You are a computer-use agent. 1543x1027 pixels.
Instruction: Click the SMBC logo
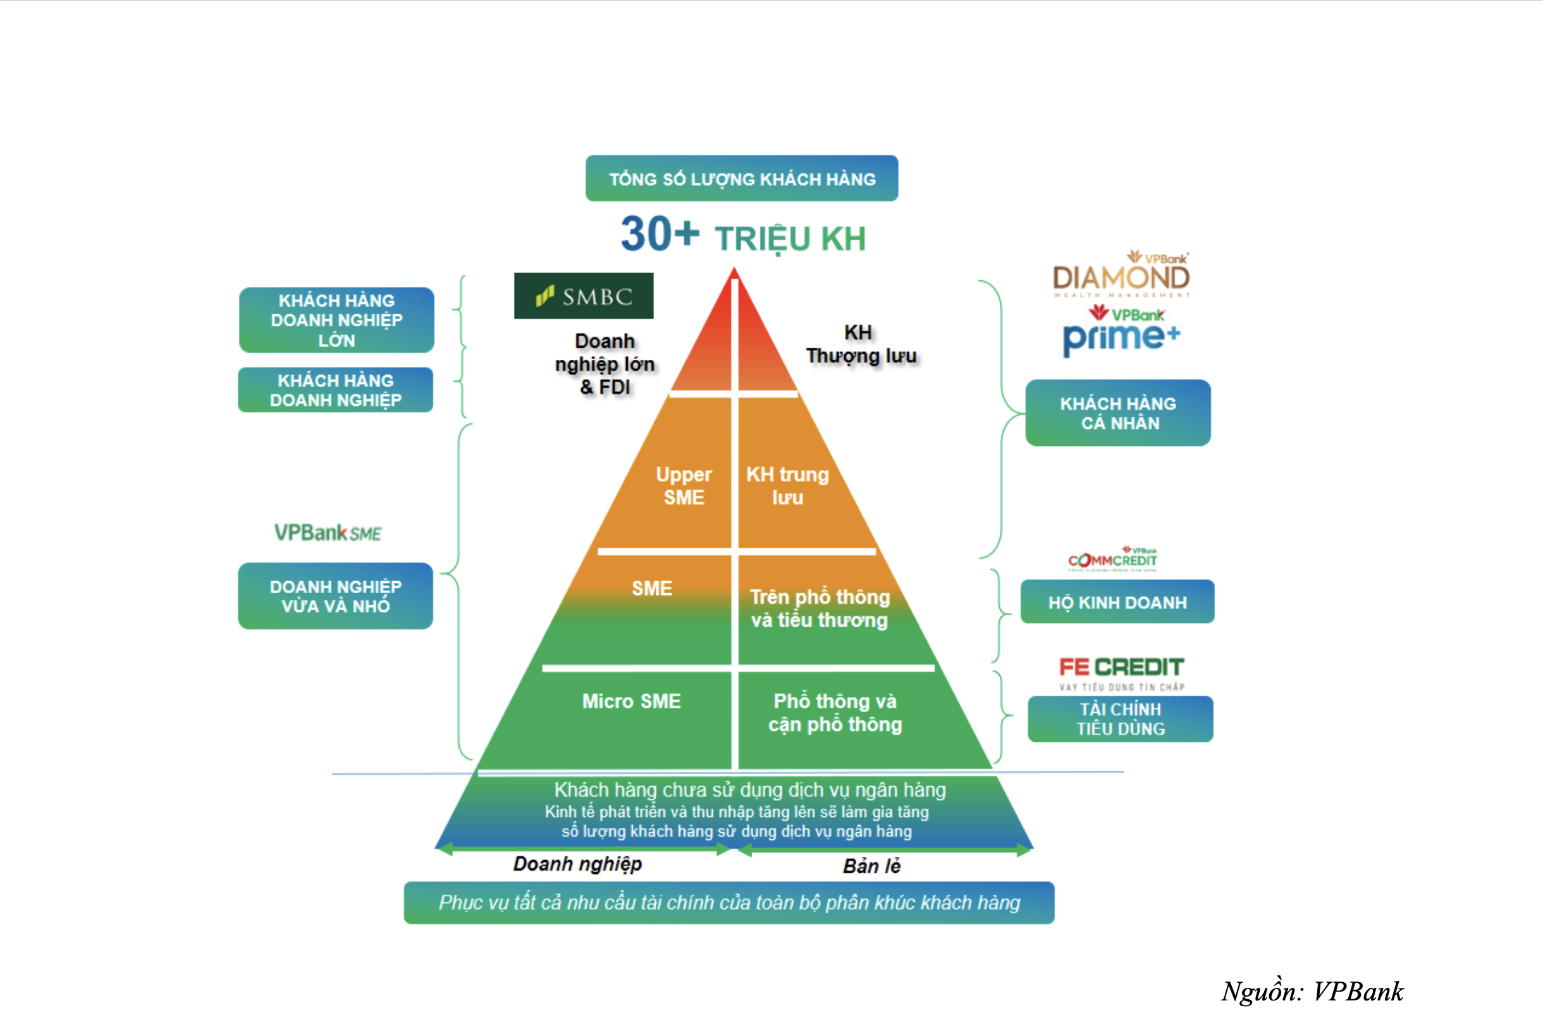(584, 296)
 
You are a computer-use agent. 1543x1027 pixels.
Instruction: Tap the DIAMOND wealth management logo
(1121, 275)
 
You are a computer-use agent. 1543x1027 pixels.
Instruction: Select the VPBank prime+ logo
(1121, 333)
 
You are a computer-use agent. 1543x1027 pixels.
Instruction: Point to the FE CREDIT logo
(1121, 669)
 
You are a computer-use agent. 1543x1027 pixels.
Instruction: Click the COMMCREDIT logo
(1113, 558)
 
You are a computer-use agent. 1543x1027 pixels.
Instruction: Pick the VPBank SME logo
(328, 532)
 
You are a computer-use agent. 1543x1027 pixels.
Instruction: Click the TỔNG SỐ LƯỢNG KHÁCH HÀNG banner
(741, 178)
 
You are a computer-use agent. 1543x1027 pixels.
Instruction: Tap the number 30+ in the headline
(660, 234)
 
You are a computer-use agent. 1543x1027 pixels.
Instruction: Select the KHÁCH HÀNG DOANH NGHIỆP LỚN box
(336, 319)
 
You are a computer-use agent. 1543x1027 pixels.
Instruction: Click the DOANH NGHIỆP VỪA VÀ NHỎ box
(335, 596)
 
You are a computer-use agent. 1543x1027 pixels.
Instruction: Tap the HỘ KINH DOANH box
(1117, 602)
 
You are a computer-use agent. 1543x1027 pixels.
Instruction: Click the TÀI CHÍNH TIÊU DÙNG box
(1120, 718)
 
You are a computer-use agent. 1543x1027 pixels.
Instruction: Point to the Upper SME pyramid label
(684, 485)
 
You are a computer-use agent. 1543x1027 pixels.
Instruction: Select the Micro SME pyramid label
(631, 701)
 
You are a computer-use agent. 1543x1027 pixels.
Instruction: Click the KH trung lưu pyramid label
(787, 485)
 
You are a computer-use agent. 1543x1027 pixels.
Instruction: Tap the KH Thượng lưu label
(861, 344)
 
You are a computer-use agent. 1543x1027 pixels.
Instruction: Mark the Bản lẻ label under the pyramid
(871, 866)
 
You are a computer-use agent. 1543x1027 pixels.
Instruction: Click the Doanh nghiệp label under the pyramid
(577, 864)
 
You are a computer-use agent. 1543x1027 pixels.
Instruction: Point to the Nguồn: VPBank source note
(1312, 991)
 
